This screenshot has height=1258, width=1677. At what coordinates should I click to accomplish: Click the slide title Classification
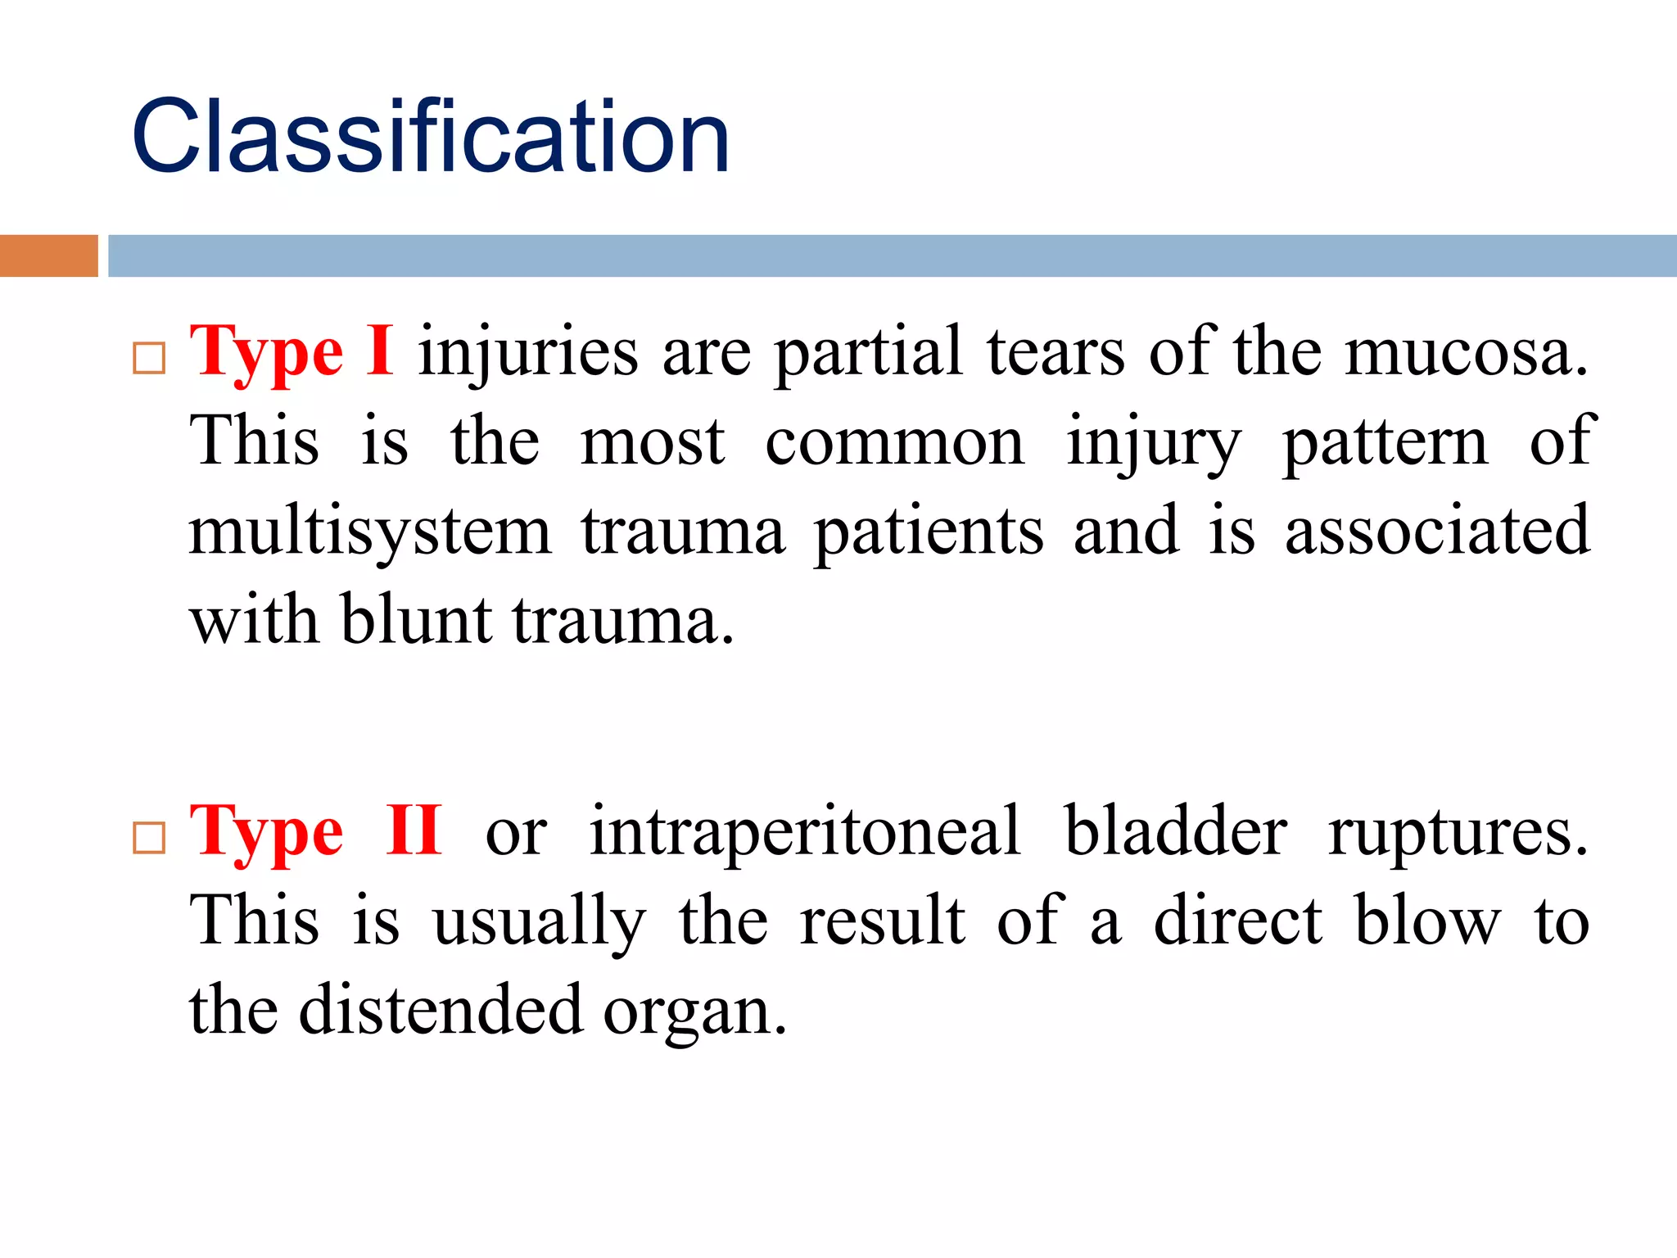(x=430, y=137)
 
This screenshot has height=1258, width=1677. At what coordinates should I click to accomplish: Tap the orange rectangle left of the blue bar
(x=48, y=256)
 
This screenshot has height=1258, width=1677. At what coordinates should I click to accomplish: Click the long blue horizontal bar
(x=891, y=256)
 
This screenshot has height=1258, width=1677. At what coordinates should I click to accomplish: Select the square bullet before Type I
(x=149, y=358)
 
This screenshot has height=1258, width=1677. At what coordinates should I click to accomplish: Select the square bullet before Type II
(x=149, y=838)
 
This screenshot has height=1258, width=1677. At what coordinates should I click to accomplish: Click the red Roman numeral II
(x=414, y=831)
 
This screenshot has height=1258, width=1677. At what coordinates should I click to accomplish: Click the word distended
(x=441, y=1010)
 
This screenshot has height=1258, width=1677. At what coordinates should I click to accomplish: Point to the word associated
(x=1437, y=531)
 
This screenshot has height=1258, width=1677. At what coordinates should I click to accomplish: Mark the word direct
(x=1237, y=921)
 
